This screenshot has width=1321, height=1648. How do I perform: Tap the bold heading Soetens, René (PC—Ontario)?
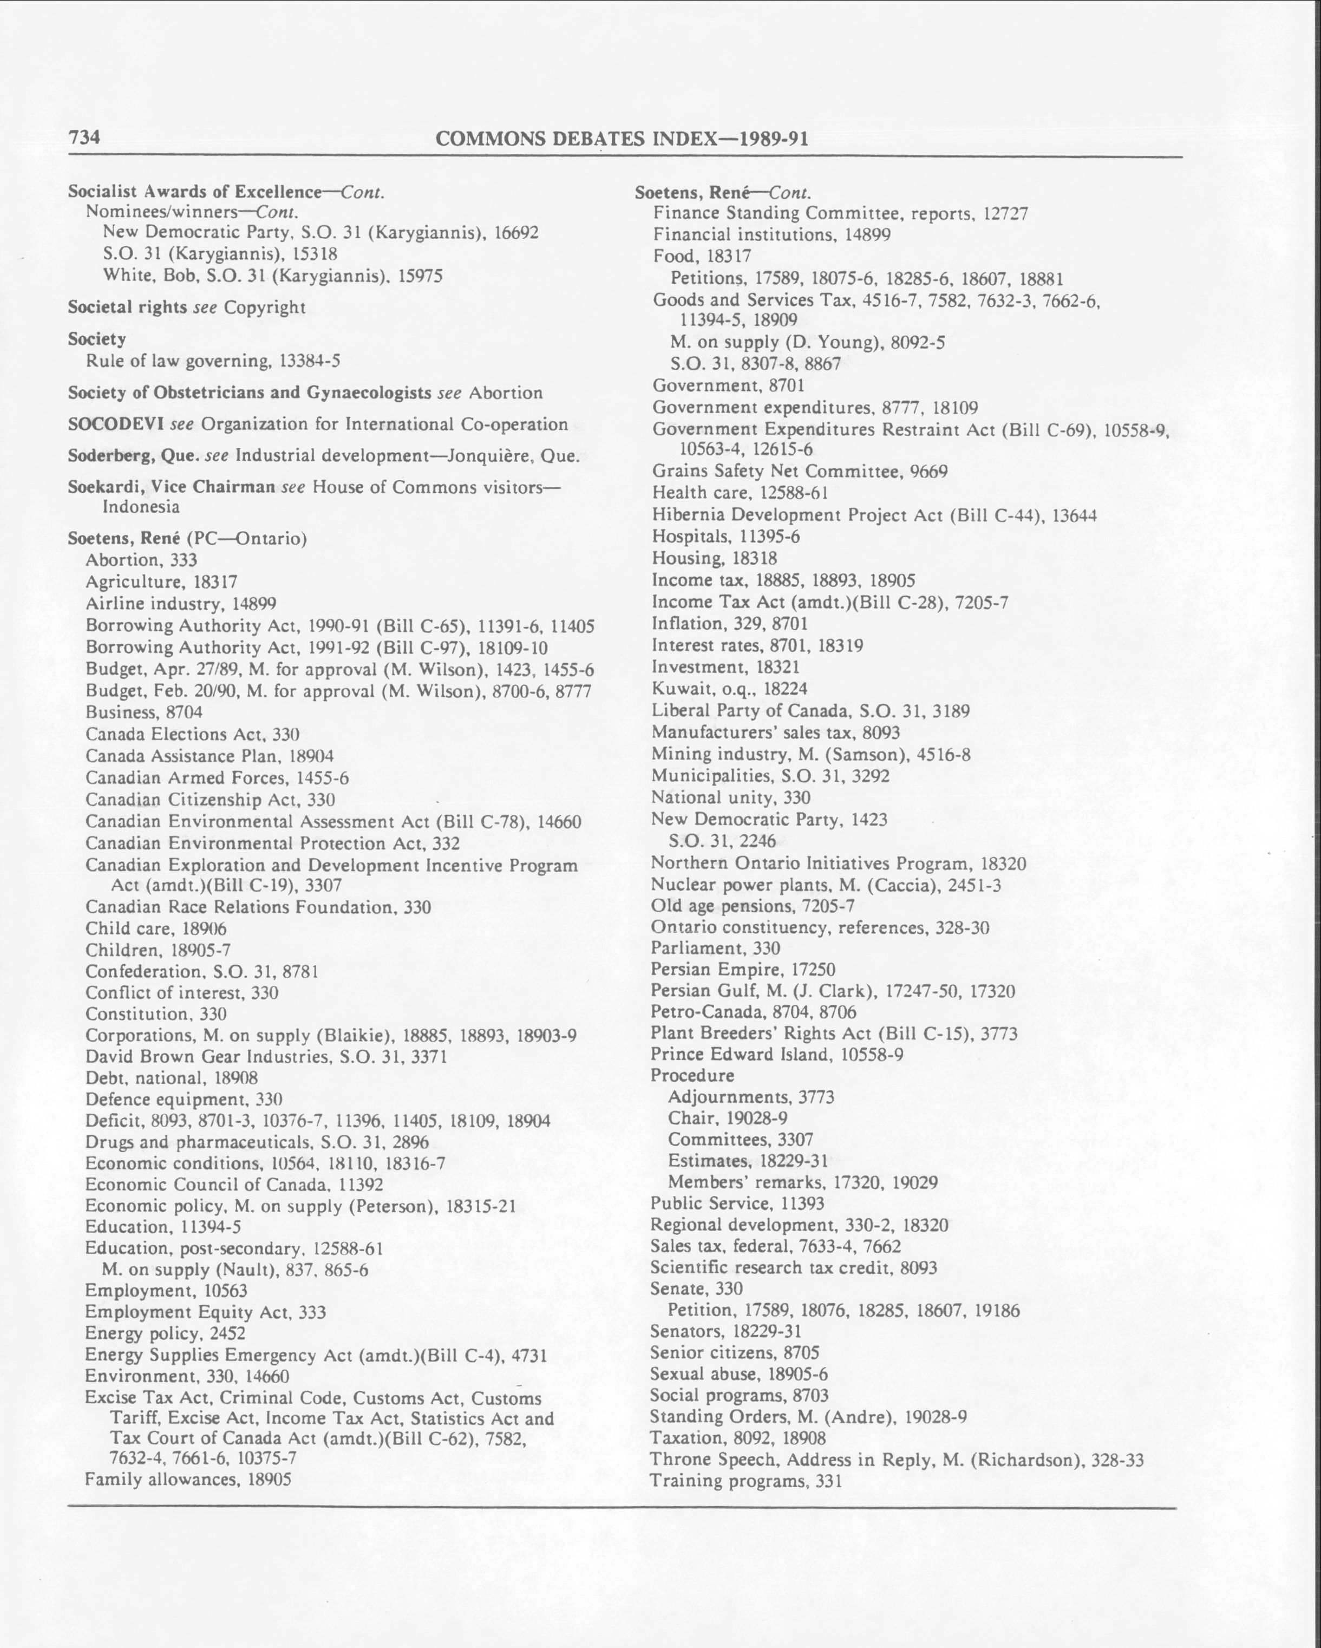(187, 539)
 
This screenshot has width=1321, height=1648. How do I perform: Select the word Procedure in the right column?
(692, 1076)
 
